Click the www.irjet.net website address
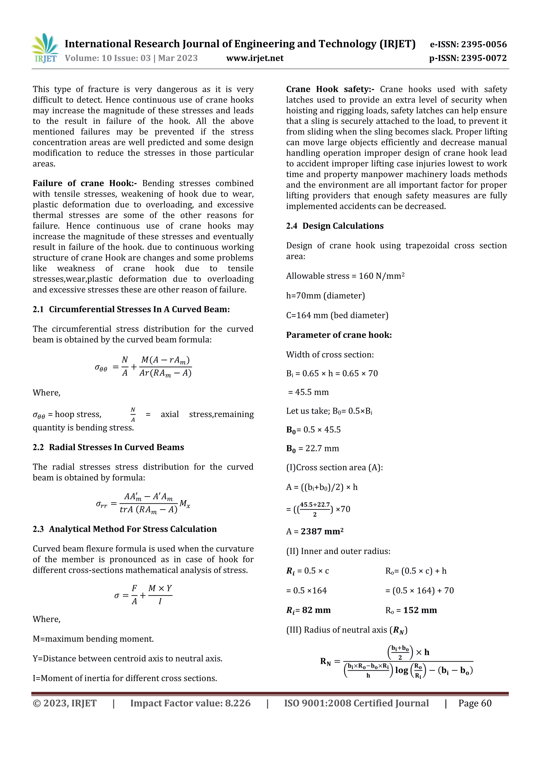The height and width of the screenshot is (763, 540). [255, 58]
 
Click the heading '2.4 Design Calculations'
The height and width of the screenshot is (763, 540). [335, 226]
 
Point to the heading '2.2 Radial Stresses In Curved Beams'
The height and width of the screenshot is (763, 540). [108, 447]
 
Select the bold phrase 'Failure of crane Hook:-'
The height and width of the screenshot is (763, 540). [85, 183]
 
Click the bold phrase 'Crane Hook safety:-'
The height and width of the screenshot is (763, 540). [330, 89]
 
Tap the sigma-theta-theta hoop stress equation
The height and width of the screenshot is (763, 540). [143, 366]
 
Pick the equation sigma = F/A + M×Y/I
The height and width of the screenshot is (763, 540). [143, 595]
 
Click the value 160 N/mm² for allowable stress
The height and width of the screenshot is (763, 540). [381, 276]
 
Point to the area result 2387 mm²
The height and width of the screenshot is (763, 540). [322, 531]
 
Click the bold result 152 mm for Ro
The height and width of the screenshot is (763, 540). [420, 610]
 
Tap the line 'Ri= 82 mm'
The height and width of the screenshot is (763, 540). [308, 610]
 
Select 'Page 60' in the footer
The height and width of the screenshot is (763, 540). [475, 703]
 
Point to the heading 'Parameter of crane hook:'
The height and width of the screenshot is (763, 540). [339, 335]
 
